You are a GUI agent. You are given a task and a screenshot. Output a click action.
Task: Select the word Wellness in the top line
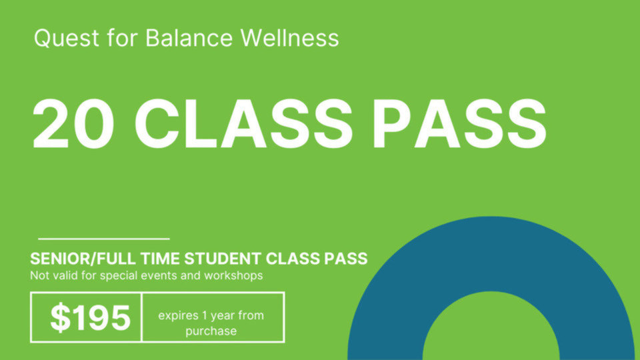(290, 38)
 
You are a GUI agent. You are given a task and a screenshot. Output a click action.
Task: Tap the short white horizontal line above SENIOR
(104, 238)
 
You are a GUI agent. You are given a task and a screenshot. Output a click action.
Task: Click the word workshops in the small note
(234, 275)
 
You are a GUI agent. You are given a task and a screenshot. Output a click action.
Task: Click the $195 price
(90, 318)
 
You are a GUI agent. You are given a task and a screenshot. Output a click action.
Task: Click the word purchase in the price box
(211, 331)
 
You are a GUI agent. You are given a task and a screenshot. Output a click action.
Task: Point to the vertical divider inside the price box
(141, 317)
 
